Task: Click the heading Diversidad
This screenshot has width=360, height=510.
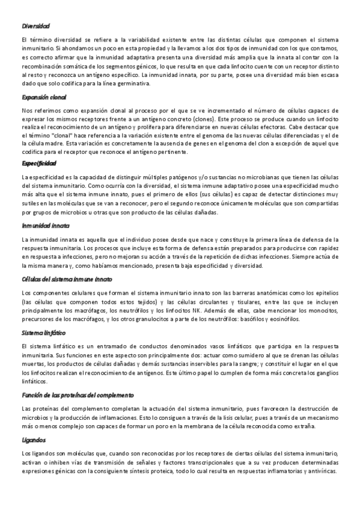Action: pyautogui.click(x=35, y=26)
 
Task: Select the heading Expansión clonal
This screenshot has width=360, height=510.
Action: pyautogui.click(x=44, y=97)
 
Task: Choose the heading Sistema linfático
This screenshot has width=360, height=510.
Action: pyautogui.click(x=43, y=332)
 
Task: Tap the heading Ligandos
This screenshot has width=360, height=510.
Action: pyautogui.click(x=33, y=440)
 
